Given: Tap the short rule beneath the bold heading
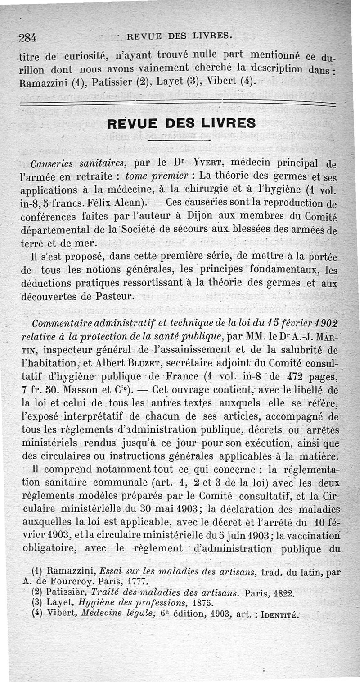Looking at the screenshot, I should [x=180, y=140].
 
